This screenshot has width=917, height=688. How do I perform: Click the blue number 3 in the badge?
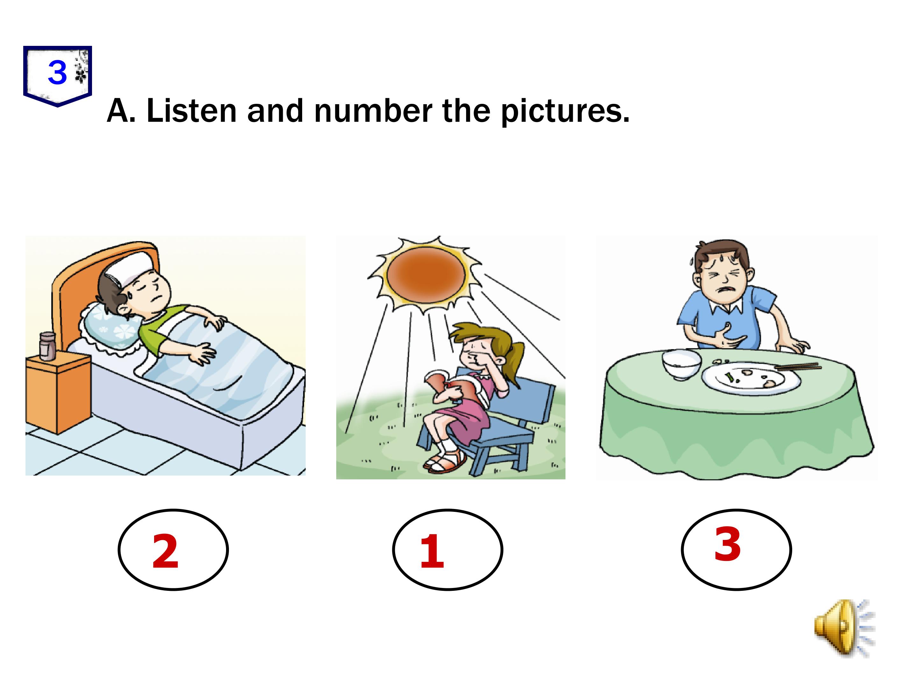point(57,73)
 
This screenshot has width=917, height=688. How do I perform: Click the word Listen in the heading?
point(192,111)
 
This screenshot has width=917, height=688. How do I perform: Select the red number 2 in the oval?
point(165,552)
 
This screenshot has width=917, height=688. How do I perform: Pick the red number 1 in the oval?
point(431,552)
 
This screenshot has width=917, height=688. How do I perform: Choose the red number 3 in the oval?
point(728,544)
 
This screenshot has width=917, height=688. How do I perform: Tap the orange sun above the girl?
point(425,275)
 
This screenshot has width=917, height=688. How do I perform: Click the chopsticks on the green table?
point(798,367)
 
